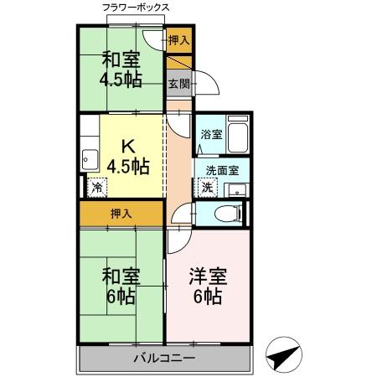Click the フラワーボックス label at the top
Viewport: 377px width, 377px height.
[x=136, y=8]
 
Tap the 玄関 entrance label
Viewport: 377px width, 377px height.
[x=178, y=83]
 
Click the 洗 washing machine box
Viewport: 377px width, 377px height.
[x=207, y=188]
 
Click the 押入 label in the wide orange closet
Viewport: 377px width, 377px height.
[x=121, y=214]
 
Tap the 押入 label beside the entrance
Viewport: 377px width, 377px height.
[x=178, y=39]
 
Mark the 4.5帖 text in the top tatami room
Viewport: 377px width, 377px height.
[x=121, y=80]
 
